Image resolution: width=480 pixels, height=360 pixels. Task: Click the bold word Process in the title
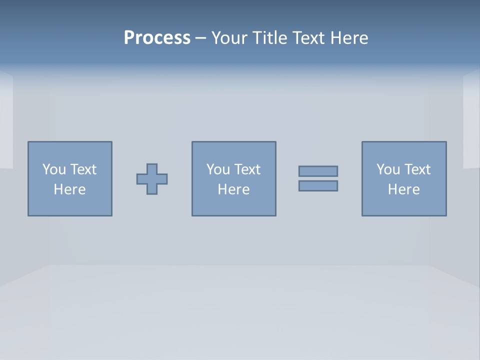pyautogui.click(x=157, y=38)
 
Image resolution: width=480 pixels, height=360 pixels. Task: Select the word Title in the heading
pyautogui.click(x=269, y=38)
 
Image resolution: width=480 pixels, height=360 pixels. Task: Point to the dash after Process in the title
pyautogui.click(x=200, y=38)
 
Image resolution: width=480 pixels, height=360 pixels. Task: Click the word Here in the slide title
pyautogui.click(x=349, y=38)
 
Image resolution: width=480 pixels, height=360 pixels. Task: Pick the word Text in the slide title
pyautogui.click(x=308, y=38)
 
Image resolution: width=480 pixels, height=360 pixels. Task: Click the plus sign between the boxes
pyautogui.click(x=152, y=179)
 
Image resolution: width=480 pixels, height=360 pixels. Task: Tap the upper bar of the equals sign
pyautogui.click(x=318, y=171)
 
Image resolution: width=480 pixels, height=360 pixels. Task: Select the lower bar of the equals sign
pyautogui.click(x=318, y=185)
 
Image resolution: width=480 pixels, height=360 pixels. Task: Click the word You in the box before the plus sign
pyautogui.click(x=53, y=169)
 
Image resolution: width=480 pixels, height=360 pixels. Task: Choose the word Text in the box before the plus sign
pyautogui.click(x=82, y=169)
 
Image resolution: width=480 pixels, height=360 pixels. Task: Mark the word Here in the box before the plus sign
pyautogui.click(x=69, y=189)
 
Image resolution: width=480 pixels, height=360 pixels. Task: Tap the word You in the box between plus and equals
pyautogui.click(x=217, y=169)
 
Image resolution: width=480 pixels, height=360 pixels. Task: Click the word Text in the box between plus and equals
pyautogui.click(x=246, y=169)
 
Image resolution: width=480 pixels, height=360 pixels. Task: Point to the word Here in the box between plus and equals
pyautogui.click(x=233, y=189)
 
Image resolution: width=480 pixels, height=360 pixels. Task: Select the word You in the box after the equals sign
pyautogui.click(x=387, y=169)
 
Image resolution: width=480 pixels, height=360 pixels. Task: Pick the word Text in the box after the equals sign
pyautogui.click(x=416, y=169)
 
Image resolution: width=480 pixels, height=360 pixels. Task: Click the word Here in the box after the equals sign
pyautogui.click(x=403, y=189)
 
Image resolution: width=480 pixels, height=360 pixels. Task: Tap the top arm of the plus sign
pyautogui.click(x=152, y=168)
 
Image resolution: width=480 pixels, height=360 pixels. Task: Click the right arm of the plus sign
pyautogui.click(x=162, y=179)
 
